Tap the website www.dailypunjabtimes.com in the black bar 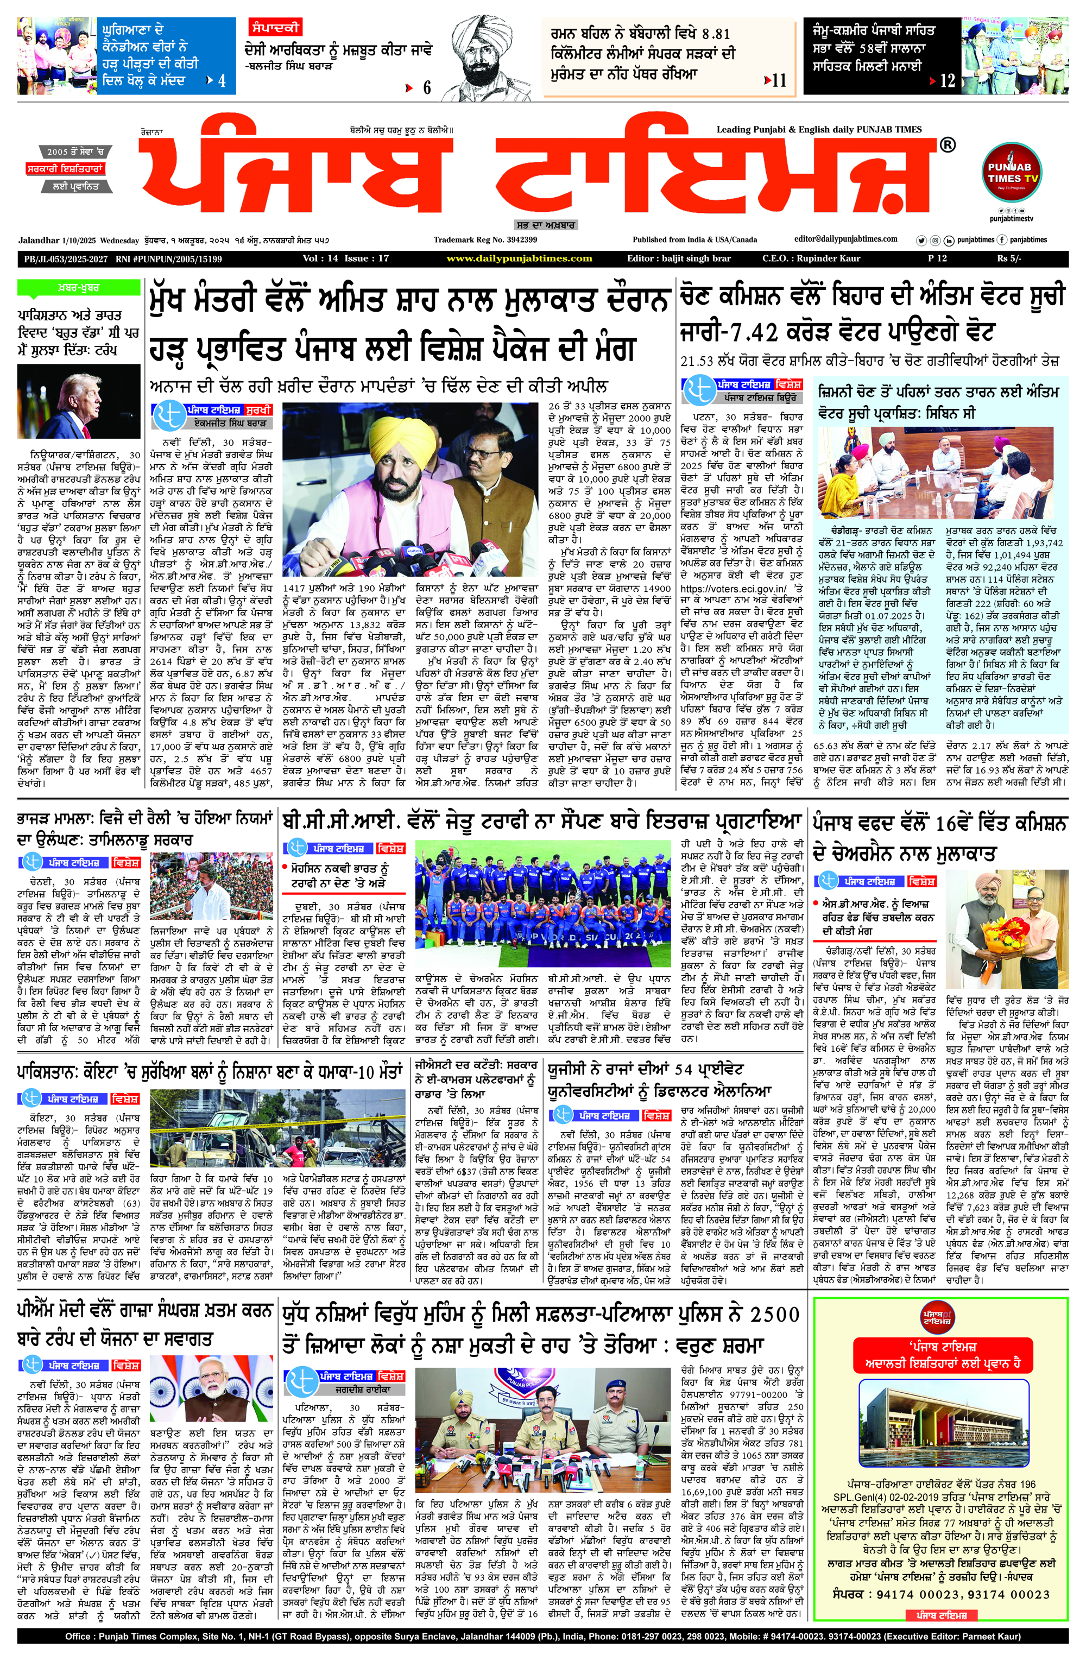pyautogui.click(x=519, y=258)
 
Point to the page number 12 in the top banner pyautogui.click(x=946, y=81)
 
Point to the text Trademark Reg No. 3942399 pyautogui.click(x=484, y=239)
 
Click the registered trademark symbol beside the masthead pyautogui.click(x=947, y=145)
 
